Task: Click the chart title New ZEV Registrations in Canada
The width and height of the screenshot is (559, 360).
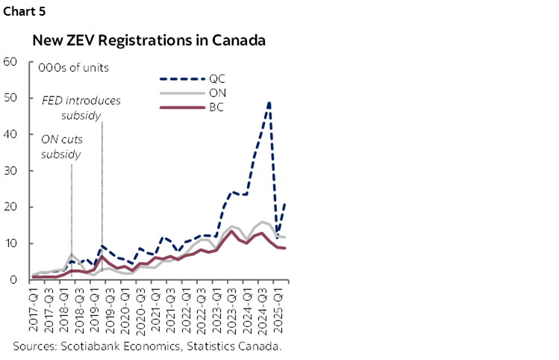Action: click(149, 40)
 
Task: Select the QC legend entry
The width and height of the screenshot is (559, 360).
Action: click(216, 78)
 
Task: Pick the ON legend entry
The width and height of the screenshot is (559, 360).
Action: click(218, 93)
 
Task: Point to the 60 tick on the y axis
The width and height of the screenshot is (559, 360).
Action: click(10, 61)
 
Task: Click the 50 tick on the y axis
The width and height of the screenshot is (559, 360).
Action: click(10, 98)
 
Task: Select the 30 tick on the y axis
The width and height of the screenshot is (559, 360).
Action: click(10, 170)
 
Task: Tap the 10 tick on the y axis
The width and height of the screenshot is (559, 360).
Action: click(10, 243)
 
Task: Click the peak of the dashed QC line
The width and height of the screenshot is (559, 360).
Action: click(269, 102)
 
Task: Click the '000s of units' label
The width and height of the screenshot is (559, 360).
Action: click(73, 68)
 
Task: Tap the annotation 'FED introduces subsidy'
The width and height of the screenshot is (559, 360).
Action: click(81, 106)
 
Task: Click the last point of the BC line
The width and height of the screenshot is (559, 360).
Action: click(284, 248)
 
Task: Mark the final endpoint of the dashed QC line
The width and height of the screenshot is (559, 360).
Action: click(284, 204)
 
